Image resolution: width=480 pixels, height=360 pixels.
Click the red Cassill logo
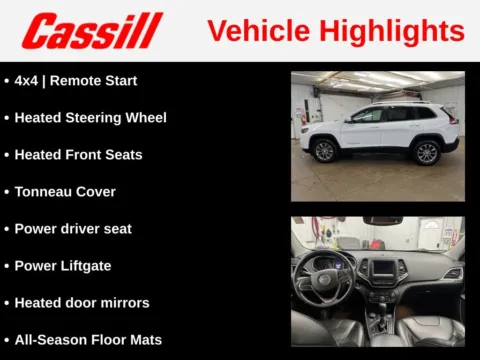pyautogui.click(x=92, y=31)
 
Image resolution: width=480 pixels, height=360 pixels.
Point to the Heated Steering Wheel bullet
pyautogui.click(x=90, y=117)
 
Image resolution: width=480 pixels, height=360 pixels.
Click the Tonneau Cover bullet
pyautogui.click(x=65, y=191)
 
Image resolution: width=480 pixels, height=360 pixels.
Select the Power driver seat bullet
pyautogui.click(x=73, y=228)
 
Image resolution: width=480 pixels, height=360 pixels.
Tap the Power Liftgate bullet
pyautogui.click(x=63, y=265)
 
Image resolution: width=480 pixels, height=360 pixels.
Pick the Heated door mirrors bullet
pyautogui.click(x=82, y=302)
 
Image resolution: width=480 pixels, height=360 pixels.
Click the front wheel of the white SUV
pyautogui.click(x=324, y=151)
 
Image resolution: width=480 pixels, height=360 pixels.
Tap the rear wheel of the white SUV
pyautogui.click(x=427, y=152)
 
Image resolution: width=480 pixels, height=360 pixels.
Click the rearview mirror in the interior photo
pyautogui.click(x=381, y=220)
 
